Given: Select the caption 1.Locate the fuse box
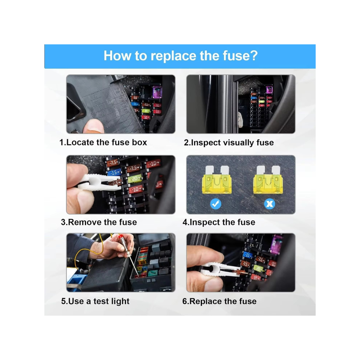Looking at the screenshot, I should click(103, 143).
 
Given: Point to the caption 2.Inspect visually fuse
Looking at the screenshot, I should click(229, 143).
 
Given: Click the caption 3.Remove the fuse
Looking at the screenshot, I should click(99, 222).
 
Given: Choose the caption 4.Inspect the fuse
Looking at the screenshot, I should click(219, 222).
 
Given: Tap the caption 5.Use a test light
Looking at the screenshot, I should click(95, 301).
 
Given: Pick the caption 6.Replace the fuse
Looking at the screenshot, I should click(219, 301).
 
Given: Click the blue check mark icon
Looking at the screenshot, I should click(216, 203).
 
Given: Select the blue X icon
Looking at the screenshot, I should click(269, 203).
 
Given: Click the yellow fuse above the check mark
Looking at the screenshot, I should click(217, 180).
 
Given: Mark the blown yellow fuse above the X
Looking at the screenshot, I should click(268, 180).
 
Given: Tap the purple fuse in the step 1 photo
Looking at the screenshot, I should click(157, 91).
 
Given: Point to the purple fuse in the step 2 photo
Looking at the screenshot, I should click(269, 89).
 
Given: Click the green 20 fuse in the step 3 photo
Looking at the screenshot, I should click(135, 179).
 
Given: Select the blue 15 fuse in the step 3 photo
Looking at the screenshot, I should click(114, 172).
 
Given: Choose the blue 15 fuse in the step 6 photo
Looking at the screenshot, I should click(247, 255).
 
